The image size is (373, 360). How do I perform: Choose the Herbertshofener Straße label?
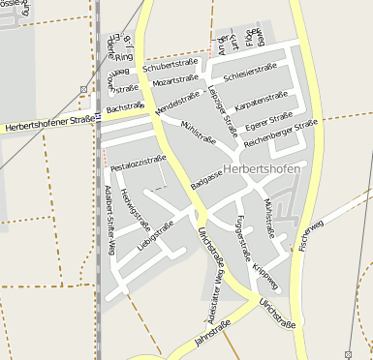coord(49,124)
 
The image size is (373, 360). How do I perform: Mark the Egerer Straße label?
coord(269,124)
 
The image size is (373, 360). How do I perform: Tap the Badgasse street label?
coord(206,176)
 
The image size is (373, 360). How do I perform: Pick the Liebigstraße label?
coord(155,235)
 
